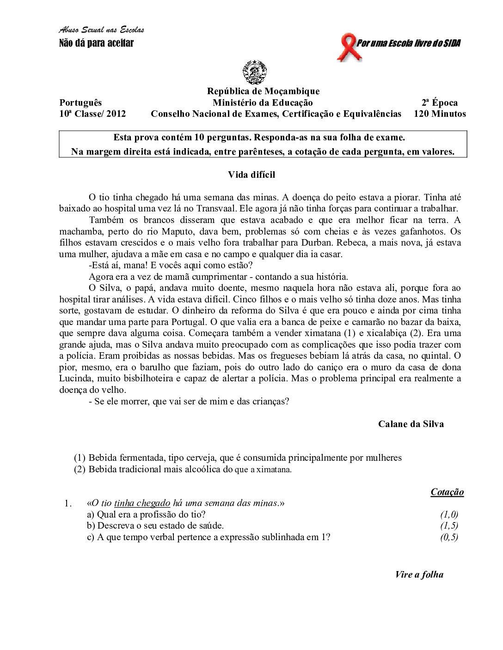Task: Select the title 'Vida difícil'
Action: [251, 175]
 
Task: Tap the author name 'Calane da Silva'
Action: [411, 424]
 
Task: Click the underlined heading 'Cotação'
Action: [447, 492]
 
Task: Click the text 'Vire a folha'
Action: [419, 574]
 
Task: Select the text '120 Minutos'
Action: [440, 114]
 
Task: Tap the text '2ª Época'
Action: [439, 102]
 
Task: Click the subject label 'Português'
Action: [80, 102]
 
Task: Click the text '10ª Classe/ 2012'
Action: [92, 114]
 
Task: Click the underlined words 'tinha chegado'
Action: [142, 503]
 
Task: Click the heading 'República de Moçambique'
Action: [263, 91]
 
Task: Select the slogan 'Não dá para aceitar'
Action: [96, 43]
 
